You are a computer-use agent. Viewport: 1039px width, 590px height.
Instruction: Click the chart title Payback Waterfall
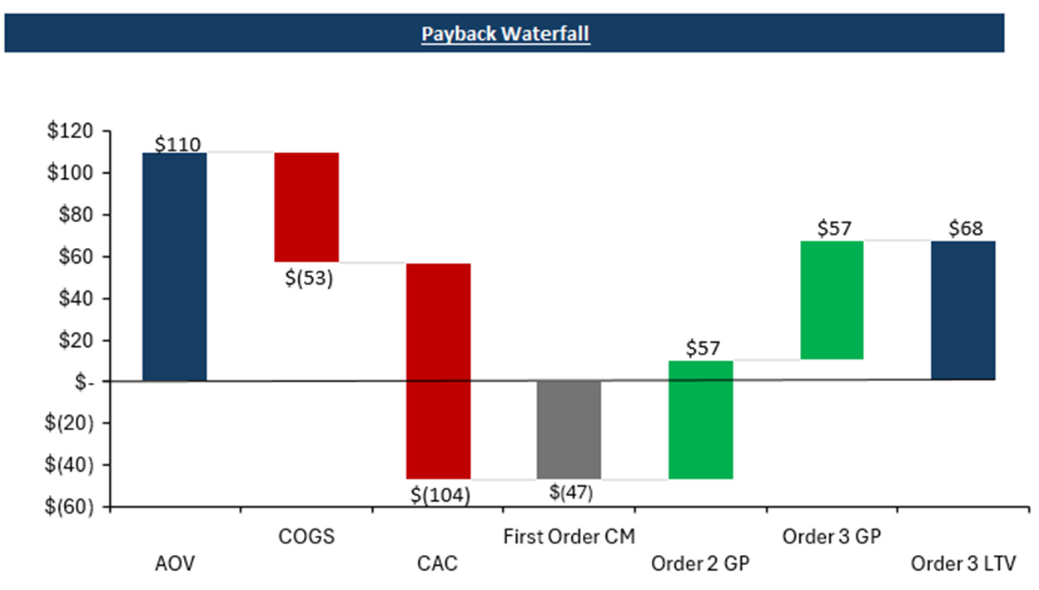[x=505, y=34]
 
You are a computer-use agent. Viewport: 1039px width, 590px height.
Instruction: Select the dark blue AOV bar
[x=175, y=266]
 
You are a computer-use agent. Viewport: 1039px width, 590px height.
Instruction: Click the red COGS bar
[x=306, y=207]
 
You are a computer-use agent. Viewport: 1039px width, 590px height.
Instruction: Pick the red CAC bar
[x=438, y=370]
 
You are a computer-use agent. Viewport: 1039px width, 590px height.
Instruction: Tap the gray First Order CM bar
[x=569, y=429]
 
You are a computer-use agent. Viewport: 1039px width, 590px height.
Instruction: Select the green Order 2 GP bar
[x=700, y=419]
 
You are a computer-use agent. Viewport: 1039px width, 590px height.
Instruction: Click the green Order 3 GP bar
[x=832, y=300]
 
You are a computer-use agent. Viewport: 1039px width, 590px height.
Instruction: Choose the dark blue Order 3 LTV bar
[x=962, y=310]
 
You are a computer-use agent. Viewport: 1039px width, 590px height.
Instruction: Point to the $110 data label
[x=178, y=144]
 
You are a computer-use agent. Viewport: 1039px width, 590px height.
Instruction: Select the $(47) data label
[x=571, y=492]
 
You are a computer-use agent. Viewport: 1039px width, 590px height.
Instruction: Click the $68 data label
[x=964, y=228]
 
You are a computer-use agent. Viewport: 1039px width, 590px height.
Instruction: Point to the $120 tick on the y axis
[x=77, y=131]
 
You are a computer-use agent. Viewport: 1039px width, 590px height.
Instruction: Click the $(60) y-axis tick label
[x=75, y=507]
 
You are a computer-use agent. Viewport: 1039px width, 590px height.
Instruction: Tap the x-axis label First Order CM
[x=569, y=537]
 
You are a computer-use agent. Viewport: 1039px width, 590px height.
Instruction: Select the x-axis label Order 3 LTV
[x=963, y=564]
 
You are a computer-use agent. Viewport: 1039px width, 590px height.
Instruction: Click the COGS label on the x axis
[x=306, y=537]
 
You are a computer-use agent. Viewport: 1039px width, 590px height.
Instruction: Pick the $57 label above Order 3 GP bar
[x=833, y=228]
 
